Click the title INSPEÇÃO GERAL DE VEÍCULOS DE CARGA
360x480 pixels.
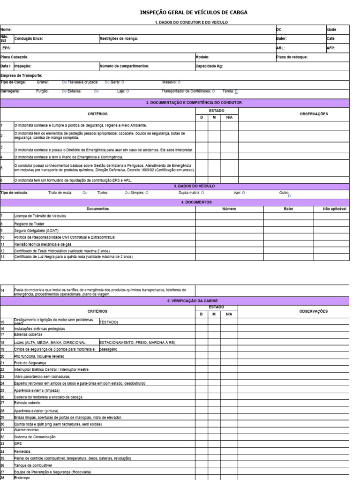(194, 12)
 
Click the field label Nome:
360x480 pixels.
(6, 30)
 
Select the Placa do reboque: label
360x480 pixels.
(292, 57)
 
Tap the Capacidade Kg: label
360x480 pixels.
(210, 66)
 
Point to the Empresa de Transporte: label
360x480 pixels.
(22, 75)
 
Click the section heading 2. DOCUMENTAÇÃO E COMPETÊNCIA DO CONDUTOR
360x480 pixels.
(194, 102)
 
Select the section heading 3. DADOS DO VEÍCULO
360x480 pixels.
(194, 186)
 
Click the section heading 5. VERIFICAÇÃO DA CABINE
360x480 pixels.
(194, 301)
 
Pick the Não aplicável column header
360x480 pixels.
(334, 209)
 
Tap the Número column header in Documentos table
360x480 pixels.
(229, 209)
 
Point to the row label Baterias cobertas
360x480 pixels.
(28, 335)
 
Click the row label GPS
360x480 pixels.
(18, 443)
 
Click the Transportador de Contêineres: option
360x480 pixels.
(187, 91)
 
